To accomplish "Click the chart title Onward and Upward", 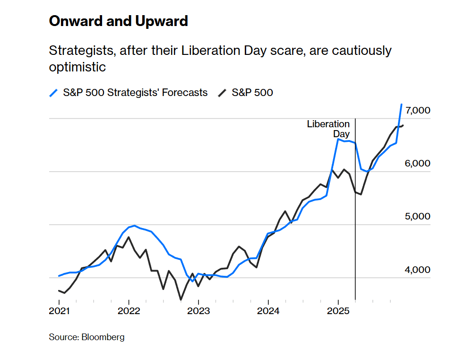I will [118, 21].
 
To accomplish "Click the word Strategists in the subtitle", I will [80, 51].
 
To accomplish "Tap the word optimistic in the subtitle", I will [77, 67].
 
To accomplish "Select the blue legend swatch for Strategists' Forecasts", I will [54, 93].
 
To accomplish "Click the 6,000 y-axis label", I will [417, 164].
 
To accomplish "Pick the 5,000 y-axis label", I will [417, 217].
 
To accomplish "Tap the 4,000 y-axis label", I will [417, 270].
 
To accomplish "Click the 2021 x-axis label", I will [59, 311].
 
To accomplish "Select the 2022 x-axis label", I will [129, 311].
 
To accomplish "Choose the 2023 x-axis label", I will [198, 311].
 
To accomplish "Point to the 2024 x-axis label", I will [268, 311].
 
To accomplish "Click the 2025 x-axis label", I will [338, 311].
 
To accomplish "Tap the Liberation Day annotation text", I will [328, 129].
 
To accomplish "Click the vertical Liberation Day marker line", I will [355, 213].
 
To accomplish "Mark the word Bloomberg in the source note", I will [103, 337].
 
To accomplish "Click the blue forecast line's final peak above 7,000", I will [402, 105].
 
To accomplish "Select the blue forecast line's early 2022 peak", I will [135, 226].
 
